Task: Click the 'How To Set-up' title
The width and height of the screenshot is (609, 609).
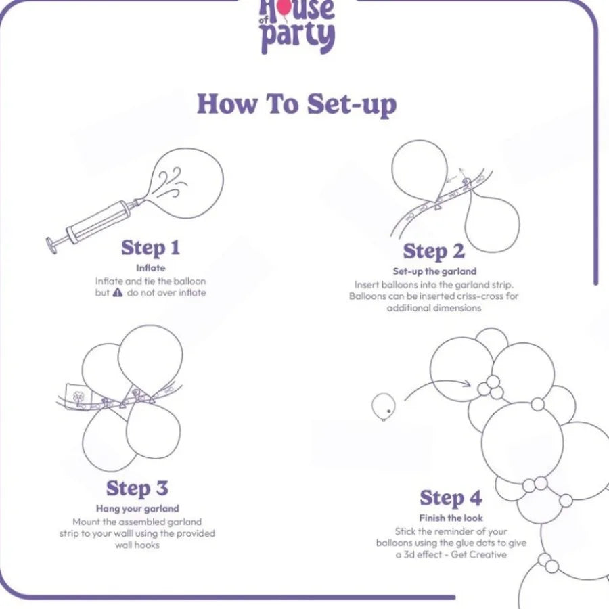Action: tap(297, 104)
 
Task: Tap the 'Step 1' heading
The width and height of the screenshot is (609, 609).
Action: tap(150, 248)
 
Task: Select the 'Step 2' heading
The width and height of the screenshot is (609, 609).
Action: tap(434, 251)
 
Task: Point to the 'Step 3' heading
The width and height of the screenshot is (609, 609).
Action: tap(137, 489)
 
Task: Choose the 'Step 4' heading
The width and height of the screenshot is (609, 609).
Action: tap(451, 498)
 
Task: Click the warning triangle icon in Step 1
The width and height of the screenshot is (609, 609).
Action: tap(118, 292)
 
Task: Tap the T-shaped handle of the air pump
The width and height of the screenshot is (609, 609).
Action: tap(51, 246)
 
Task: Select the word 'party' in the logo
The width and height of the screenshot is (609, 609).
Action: tap(298, 37)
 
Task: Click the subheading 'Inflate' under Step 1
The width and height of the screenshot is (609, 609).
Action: tap(151, 268)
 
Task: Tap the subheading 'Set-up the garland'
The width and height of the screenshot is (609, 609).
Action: tap(434, 271)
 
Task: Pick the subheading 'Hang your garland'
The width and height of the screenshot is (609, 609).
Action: tap(137, 508)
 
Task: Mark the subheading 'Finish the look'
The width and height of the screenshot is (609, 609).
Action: tap(451, 518)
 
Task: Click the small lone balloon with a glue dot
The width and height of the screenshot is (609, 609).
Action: tap(384, 407)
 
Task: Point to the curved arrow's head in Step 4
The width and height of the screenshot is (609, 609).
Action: tap(467, 384)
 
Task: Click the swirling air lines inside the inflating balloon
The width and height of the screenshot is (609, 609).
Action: tap(172, 182)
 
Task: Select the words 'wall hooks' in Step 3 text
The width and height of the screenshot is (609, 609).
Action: tap(137, 545)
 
